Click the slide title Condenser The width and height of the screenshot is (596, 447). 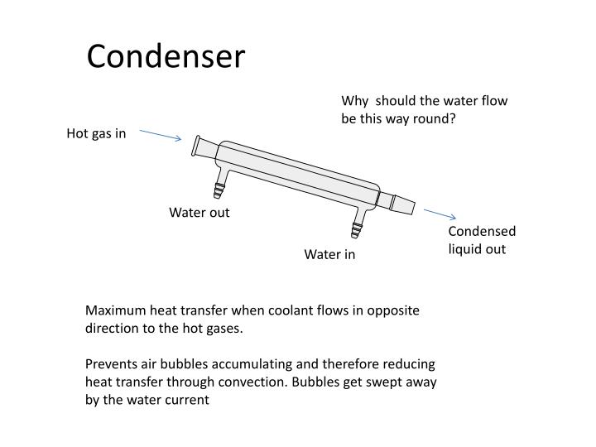(166, 57)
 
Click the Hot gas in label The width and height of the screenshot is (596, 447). (96, 134)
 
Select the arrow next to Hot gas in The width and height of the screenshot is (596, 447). (161, 134)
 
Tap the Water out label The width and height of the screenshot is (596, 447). (199, 213)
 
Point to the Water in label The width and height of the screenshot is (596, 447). (329, 254)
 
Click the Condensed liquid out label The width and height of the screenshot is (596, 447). (482, 240)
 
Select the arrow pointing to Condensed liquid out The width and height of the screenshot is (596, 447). (440, 215)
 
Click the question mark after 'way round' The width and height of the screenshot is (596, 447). (453, 118)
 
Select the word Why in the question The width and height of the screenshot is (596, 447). (354, 101)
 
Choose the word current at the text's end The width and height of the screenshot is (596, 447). (190, 399)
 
